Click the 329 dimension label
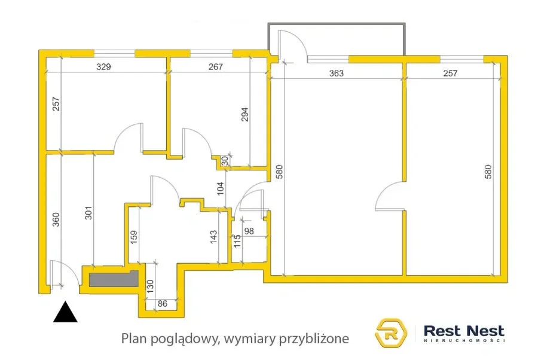pos(103,66)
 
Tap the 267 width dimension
pos(215,66)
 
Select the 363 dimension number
pos(336,73)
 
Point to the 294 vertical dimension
pos(244,114)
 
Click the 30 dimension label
pos(225,161)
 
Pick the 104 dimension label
pos(221,188)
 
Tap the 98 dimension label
pos(249,231)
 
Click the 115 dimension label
pos(237,241)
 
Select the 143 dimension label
pos(213,237)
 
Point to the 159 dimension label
pos(134,237)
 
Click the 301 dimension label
pos(88,213)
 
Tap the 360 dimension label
pos(56,219)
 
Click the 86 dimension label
pos(162,304)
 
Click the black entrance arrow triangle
pos(65,312)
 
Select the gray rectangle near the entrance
pos(114,279)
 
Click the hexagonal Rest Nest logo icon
pos(390,332)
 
